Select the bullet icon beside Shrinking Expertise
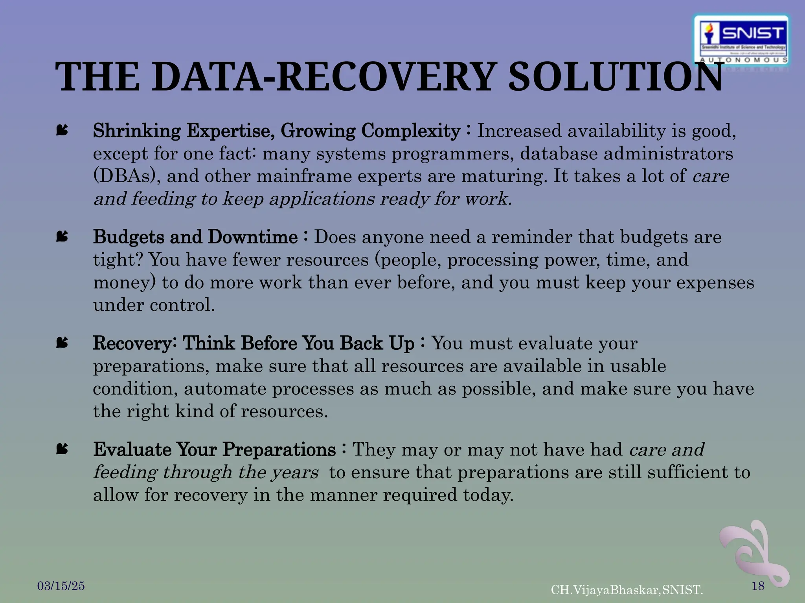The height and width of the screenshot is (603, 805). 62,130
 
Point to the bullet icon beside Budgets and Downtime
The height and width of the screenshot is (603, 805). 62,236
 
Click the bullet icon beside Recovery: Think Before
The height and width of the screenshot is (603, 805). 62,343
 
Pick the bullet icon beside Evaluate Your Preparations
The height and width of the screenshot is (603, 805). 62,449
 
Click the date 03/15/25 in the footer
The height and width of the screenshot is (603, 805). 61,586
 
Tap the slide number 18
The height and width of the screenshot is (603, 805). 758,586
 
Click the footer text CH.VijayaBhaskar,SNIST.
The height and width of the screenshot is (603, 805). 627,590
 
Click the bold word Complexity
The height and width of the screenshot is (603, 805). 411,131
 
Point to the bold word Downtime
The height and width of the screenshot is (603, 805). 253,237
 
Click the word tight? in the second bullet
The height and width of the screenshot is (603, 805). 118,260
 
